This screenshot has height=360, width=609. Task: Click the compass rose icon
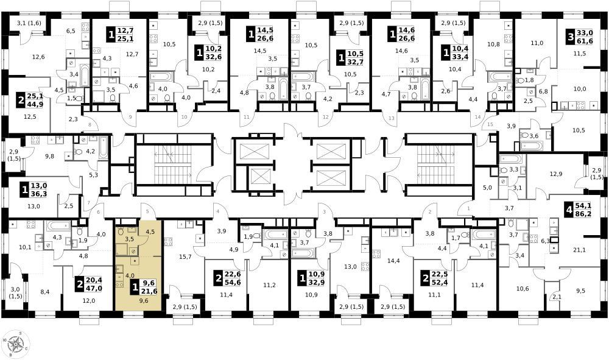point(16,343)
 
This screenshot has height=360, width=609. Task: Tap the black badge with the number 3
point(570,38)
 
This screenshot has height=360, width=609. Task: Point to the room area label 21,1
point(579,250)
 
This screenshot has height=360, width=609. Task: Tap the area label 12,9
point(556,174)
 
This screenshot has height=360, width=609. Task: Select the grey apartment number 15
point(490,124)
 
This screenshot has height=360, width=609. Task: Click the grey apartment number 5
point(147,211)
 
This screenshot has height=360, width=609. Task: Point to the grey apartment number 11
point(246,117)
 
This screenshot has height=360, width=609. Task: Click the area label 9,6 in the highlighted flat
point(144,300)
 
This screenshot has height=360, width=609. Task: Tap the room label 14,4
point(393,261)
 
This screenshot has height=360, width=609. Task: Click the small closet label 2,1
point(557,297)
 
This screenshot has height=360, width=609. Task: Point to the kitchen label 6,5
point(71,31)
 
